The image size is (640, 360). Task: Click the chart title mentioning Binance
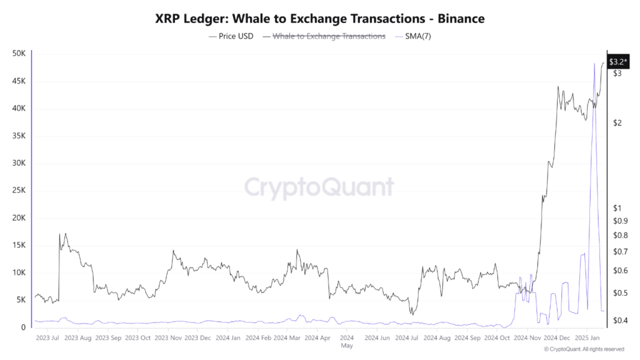click(319, 19)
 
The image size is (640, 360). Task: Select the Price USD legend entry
click(231, 36)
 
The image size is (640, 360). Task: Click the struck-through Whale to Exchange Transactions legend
click(324, 36)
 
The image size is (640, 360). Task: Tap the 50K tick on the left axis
click(19, 54)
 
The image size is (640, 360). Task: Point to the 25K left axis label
click(19, 191)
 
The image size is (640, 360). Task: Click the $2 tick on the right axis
click(617, 122)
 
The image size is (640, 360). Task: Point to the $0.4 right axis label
click(620, 321)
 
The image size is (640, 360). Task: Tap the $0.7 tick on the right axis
click(620, 252)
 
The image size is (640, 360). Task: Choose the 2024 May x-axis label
click(347, 341)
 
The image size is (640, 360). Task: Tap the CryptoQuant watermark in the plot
click(319, 187)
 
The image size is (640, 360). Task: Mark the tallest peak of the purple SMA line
click(593, 64)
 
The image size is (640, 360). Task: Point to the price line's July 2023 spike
click(60, 234)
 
